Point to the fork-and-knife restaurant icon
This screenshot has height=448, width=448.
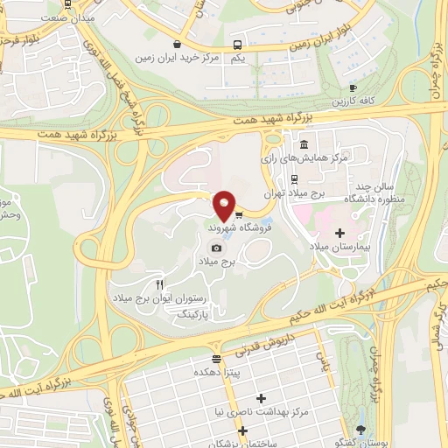click(x=159, y=284)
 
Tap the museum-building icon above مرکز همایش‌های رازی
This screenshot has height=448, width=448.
click(x=303, y=144)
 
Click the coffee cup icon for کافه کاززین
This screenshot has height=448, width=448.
click(x=353, y=87)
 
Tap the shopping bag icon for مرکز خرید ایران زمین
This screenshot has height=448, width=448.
click(x=178, y=44)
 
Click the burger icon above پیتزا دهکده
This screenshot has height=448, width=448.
click(x=216, y=359)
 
